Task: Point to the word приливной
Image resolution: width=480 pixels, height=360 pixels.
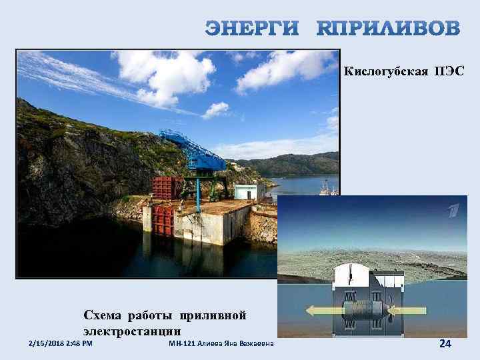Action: (217, 314)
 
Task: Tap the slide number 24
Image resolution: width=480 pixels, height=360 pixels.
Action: (445, 343)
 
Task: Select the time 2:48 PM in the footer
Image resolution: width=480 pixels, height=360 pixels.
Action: (79, 343)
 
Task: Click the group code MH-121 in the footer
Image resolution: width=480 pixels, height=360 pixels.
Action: (182, 343)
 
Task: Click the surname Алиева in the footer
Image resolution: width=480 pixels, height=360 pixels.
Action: (213, 343)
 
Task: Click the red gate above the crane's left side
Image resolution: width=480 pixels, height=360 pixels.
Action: (164, 188)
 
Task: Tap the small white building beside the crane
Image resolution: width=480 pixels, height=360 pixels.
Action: (245, 192)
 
